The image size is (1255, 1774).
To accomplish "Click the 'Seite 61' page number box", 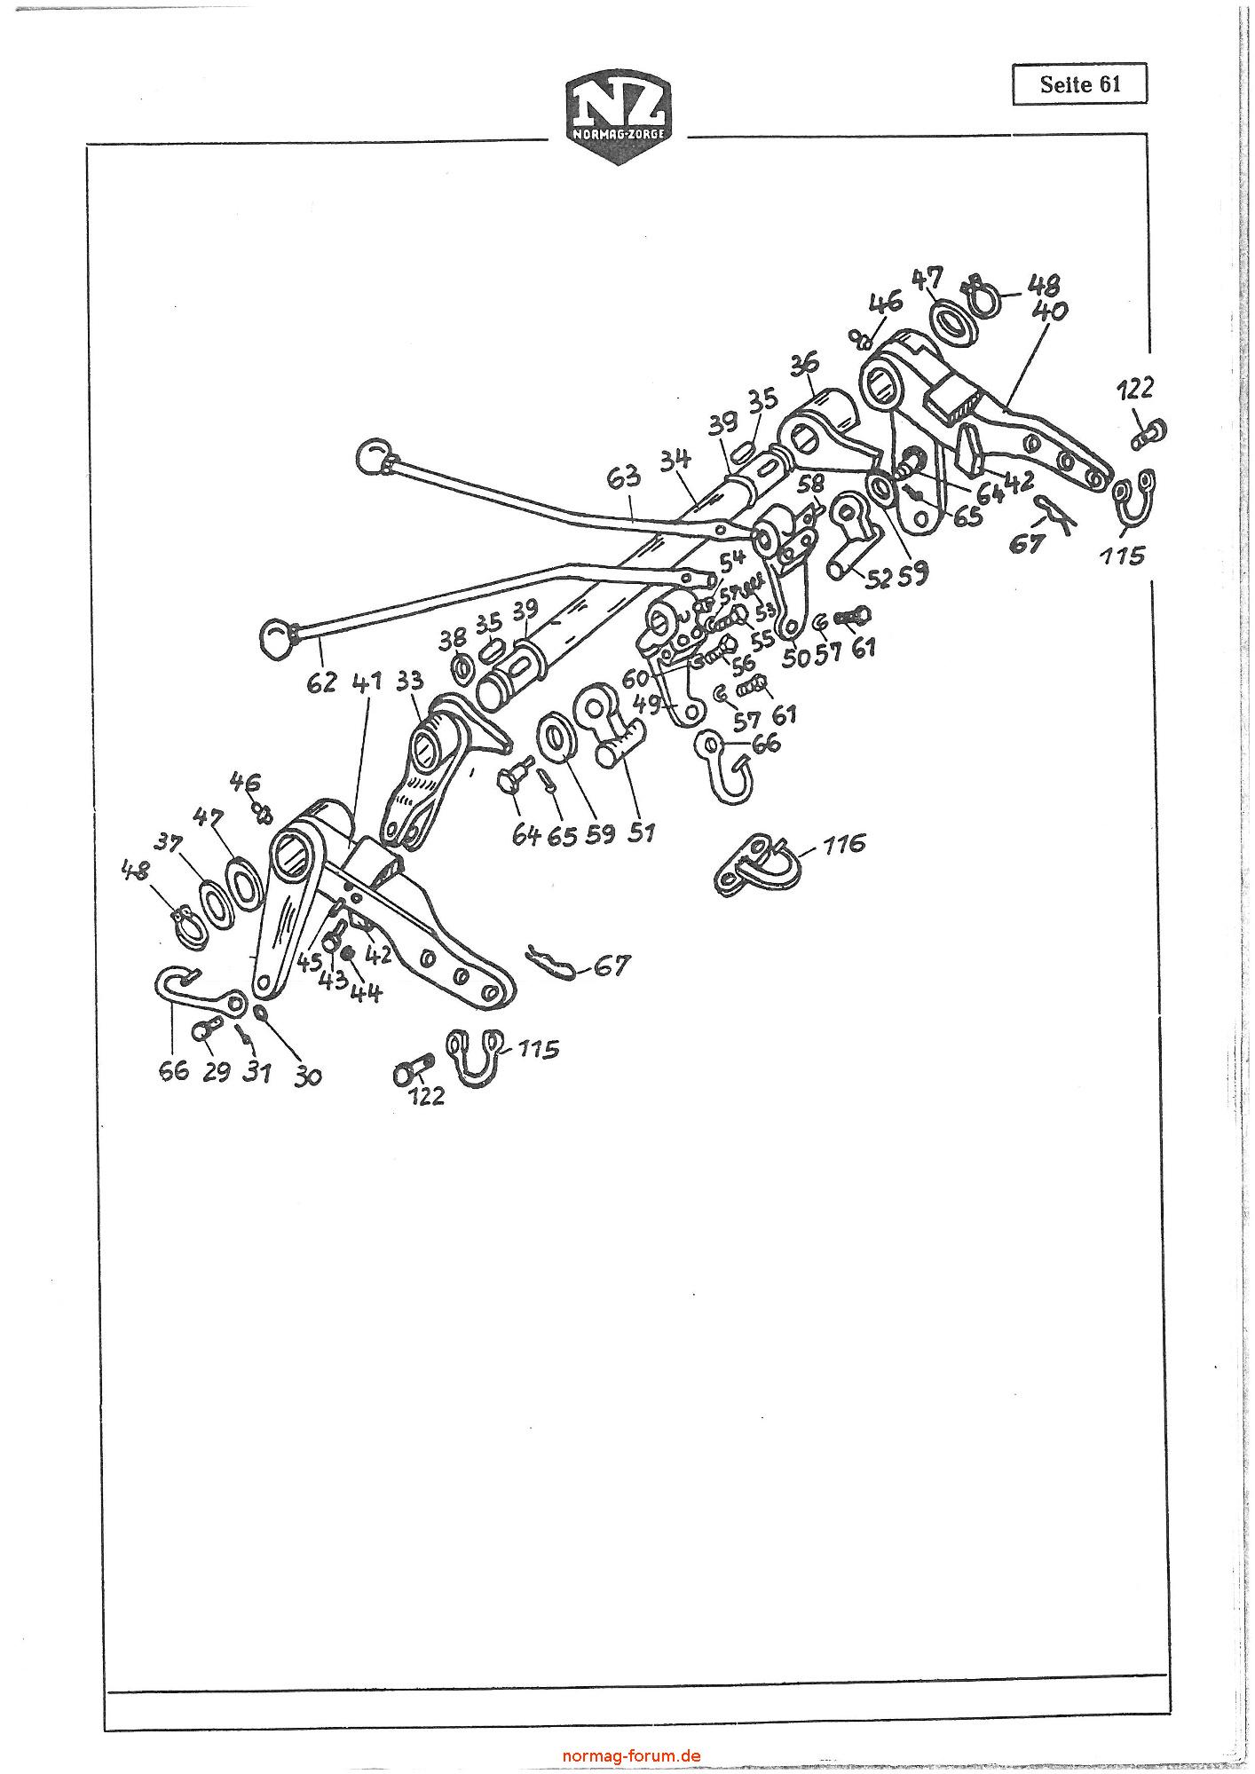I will click(x=1079, y=85).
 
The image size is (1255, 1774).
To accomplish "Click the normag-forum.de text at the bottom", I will click(x=632, y=1754).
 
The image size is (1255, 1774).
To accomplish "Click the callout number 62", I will click(x=322, y=682).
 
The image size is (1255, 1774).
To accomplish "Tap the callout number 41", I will click(x=367, y=682).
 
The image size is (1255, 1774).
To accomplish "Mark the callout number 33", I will click(x=409, y=681).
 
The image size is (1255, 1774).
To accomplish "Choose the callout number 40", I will click(x=1050, y=312).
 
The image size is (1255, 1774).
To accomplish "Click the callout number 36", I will click(x=806, y=364).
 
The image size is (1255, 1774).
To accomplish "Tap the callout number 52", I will click(x=879, y=578).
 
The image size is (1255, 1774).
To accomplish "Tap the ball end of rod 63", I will click(x=372, y=458).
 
